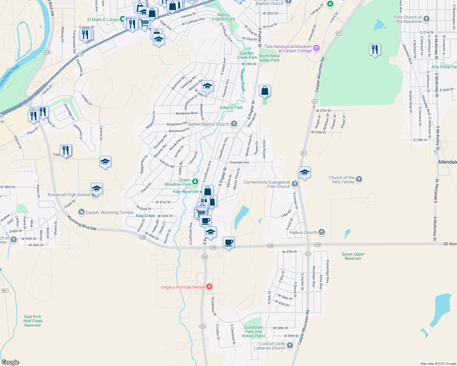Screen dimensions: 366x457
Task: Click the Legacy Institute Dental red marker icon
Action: tap(209, 287)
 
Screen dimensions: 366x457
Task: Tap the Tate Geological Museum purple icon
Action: tap(316, 48)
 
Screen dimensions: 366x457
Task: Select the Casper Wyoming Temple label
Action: tap(110, 212)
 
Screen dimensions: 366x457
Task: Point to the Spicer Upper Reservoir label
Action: tap(353, 256)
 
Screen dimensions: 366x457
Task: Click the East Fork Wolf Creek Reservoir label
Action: tap(33, 321)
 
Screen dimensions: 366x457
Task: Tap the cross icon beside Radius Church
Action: tap(321, 232)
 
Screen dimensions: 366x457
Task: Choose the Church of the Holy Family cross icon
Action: tap(359, 179)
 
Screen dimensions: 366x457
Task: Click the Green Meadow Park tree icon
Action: tap(195, 182)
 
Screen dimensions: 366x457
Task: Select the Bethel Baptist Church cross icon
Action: tap(234, 124)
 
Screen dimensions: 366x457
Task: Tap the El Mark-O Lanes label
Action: tap(103, 20)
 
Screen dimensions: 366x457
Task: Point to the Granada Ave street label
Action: tap(239, 162)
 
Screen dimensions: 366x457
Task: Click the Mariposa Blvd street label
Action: tap(187, 113)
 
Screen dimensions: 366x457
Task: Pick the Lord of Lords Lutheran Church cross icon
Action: tap(290, 346)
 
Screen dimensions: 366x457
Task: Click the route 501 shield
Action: tap(5, 291)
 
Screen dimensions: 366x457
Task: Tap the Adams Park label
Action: tap(231, 107)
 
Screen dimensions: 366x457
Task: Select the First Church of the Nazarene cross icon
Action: tap(426, 19)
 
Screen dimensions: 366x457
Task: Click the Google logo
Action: tap(10, 362)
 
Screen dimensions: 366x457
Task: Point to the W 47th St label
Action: tap(289, 252)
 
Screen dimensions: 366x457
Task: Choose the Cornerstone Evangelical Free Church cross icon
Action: tap(294, 184)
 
